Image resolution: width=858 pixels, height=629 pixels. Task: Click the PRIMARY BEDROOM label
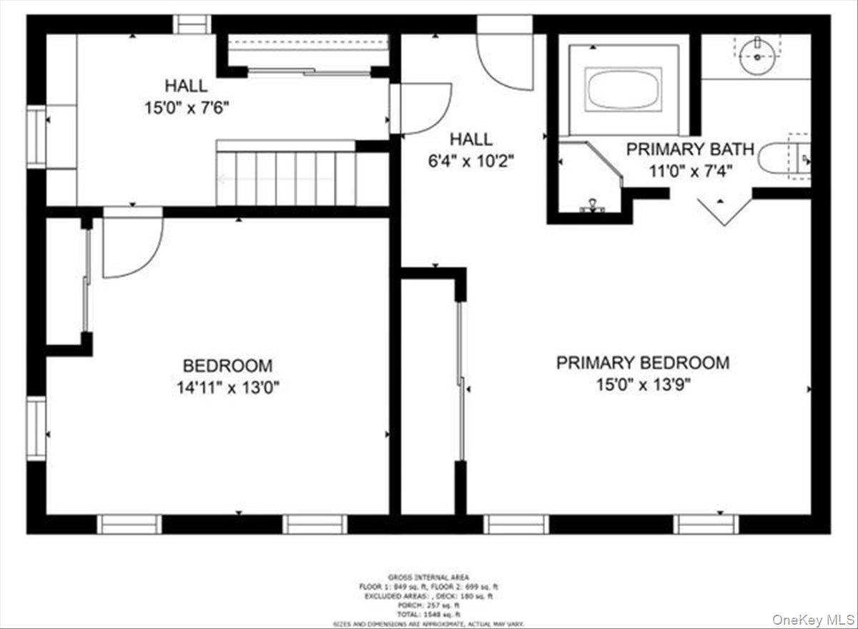643,362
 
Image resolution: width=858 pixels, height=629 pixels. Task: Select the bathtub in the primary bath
623,89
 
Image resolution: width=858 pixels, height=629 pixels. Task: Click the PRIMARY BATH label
690,149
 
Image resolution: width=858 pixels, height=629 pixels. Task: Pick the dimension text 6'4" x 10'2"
471,161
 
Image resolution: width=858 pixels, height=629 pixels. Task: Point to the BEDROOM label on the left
227,366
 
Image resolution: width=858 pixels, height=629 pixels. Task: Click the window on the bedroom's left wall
36,428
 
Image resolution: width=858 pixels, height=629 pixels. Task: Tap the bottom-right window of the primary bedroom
706,524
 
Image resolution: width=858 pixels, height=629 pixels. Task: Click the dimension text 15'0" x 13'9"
643,385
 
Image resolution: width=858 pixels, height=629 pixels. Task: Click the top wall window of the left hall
192,24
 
